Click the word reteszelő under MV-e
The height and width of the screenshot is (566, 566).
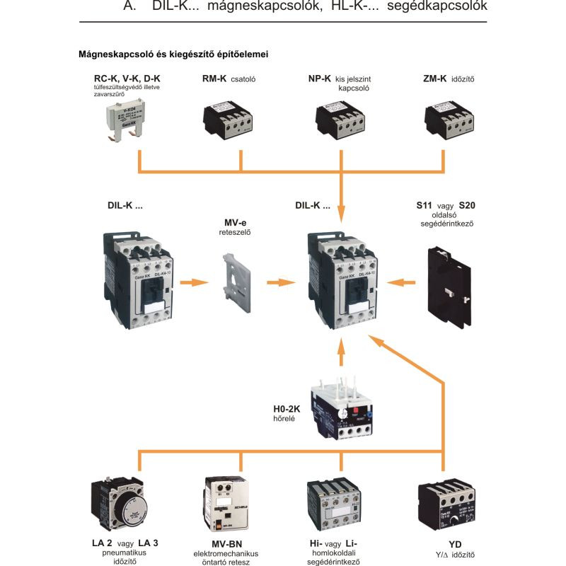(x=238, y=231)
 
